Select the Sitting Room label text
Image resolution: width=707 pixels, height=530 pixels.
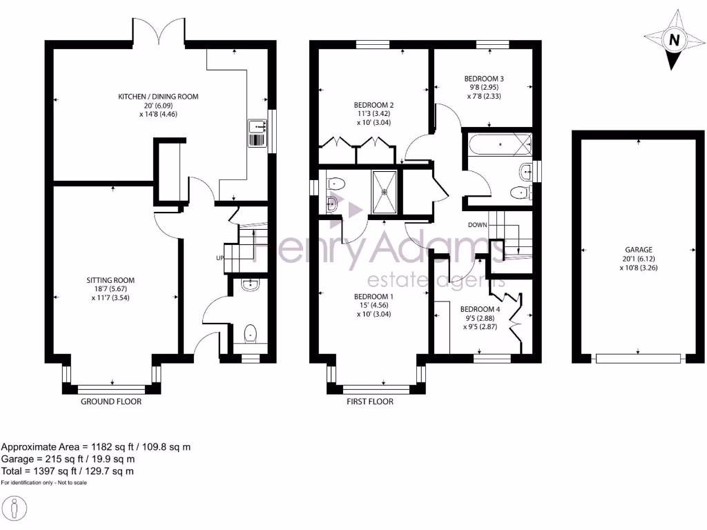[x=110, y=285]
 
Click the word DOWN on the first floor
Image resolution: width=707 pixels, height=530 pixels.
[x=478, y=225]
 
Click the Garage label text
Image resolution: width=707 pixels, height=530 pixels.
[x=639, y=255]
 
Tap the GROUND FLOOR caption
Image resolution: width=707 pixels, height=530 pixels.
[x=111, y=402]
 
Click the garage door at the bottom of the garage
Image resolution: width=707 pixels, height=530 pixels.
[x=639, y=358]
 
